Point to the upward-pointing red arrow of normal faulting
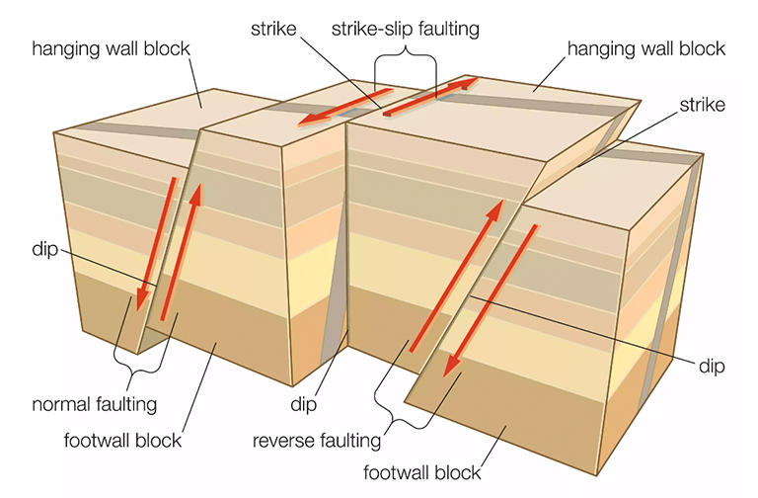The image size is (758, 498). [x=183, y=253]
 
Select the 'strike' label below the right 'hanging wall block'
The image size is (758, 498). [x=700, y=104]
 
